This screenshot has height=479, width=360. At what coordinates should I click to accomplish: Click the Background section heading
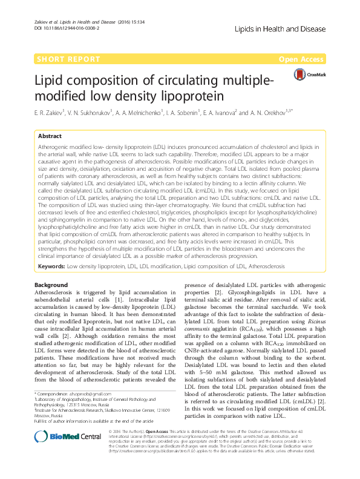click(x=51, y=285)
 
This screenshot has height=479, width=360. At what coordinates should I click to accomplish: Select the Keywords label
click(x=51, y=266)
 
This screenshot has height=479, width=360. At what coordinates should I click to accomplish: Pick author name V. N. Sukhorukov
click(x=100, y=113)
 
